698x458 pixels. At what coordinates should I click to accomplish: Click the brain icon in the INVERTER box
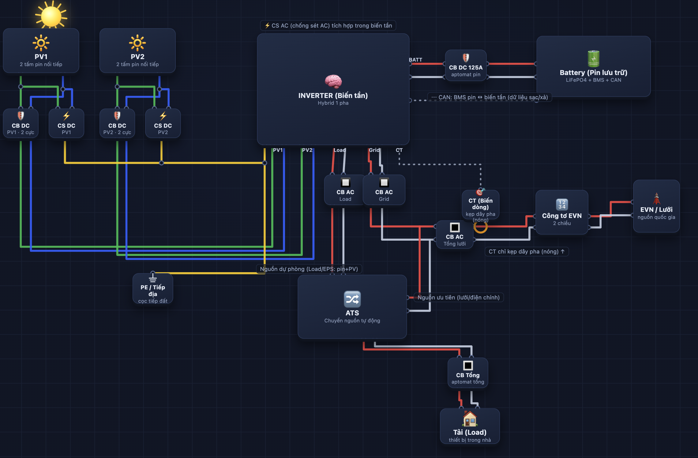[333, 81]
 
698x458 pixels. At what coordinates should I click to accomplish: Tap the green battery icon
[593, 59]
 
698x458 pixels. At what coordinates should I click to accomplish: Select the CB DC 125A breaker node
[466, 65]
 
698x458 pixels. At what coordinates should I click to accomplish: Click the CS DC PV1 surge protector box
[66, 123]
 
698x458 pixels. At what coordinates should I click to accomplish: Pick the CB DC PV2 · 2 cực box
[117, 123]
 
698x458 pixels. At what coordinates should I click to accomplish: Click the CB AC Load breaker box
[345, 190]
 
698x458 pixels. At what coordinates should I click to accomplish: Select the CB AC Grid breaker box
[384, 190]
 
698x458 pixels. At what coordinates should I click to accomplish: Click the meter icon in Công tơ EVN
[562, 205]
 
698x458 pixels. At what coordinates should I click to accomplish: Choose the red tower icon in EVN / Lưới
[656, 198]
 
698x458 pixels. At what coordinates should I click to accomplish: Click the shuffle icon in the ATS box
[352, 299]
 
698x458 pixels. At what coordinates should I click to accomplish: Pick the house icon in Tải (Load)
[470, 419]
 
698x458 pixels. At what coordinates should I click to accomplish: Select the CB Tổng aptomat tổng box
[468, 373]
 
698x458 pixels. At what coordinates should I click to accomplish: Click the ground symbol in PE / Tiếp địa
[153, 278]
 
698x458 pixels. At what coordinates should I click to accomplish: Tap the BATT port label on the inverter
[415, 60]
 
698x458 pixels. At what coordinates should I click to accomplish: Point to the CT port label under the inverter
[399, 150]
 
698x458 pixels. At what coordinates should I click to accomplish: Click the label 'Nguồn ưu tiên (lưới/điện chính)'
[459, 297]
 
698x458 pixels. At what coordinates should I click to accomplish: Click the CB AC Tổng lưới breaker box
[455, 235]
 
